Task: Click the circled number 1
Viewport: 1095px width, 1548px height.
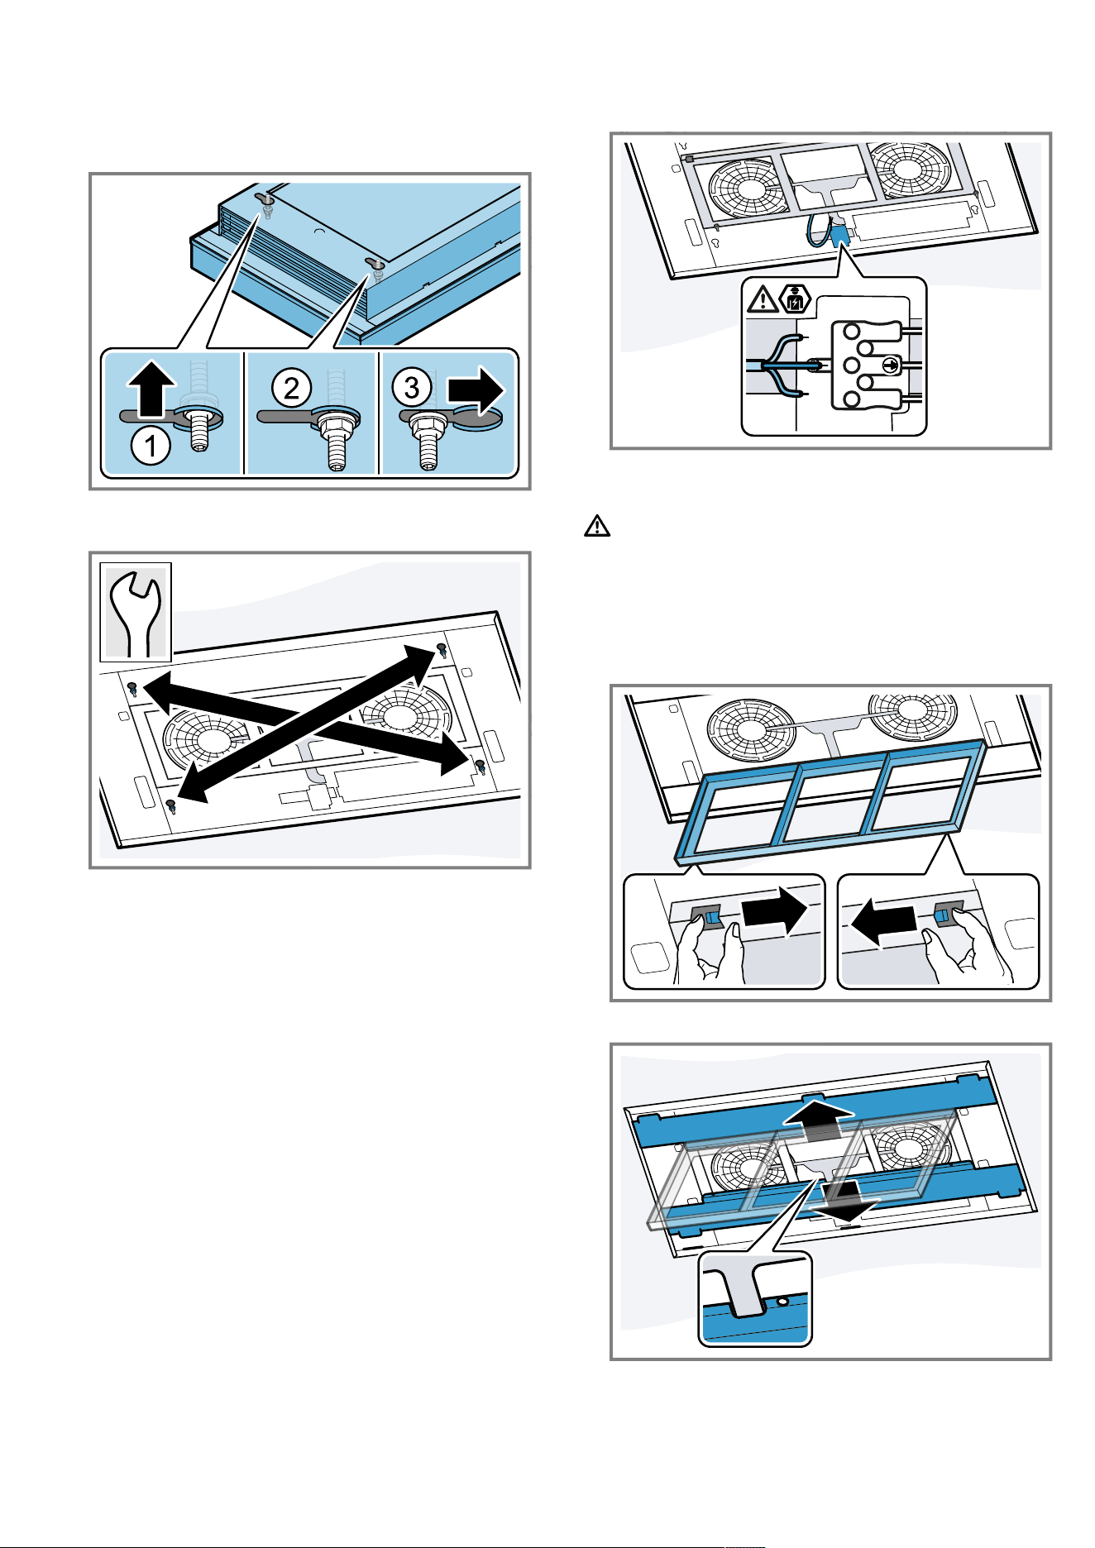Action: [x=151, y=447]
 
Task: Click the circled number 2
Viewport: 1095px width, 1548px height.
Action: [x=292, y=387]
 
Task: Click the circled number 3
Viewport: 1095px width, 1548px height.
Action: [x=412, y=387]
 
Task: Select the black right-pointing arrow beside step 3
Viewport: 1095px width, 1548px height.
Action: [x=476, y=389]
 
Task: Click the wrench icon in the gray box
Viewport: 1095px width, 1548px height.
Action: [x=136, y=612]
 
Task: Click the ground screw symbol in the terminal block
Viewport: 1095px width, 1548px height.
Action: [x=889, y=365]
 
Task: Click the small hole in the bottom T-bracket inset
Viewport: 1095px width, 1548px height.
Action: [x=781, y=1302]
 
